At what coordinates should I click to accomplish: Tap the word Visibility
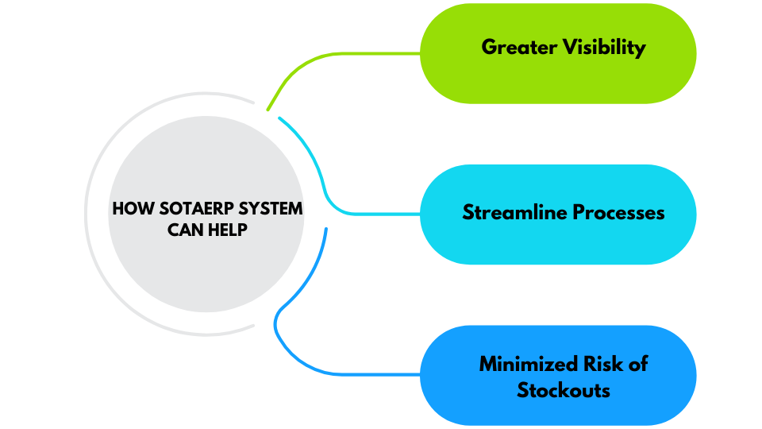click(x=604, y=48)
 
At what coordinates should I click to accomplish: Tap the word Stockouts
click(x=564, y=390)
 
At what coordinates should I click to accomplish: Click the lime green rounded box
click(x=675, y=79)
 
